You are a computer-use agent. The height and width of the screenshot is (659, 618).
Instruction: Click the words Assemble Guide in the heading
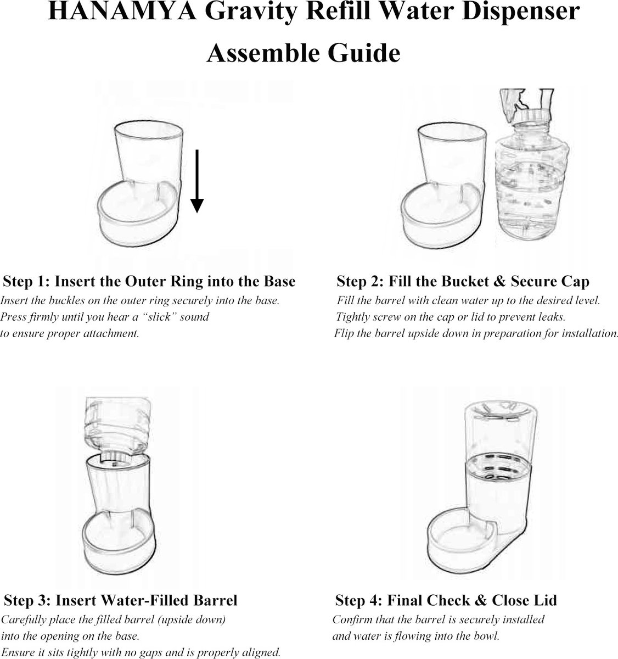[303, 53]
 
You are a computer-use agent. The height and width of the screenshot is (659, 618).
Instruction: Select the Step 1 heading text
[149, 282]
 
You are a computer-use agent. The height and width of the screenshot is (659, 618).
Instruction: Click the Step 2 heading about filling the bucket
[463, 282]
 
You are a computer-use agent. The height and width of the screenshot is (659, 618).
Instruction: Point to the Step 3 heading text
[121, 600]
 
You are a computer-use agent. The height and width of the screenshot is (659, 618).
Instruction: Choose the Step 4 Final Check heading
[446, 600]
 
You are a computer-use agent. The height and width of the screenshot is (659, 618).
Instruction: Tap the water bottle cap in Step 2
[525, 117]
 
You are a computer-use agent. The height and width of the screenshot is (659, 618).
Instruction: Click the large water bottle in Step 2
[525, 187]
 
